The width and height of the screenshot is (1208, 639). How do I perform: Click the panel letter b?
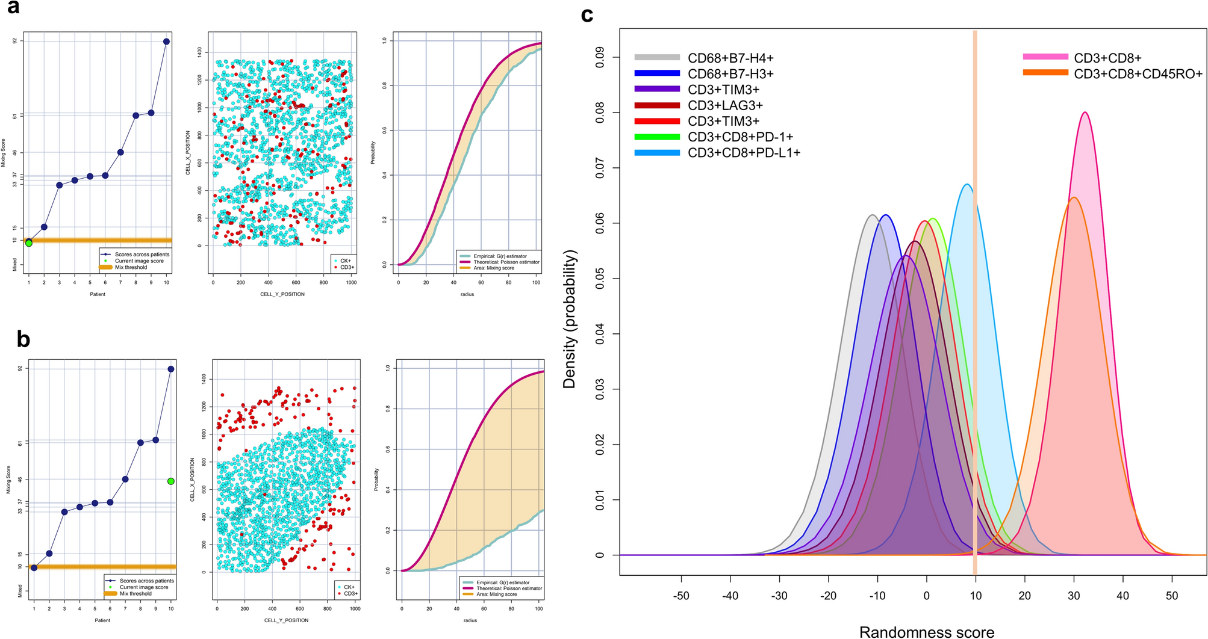(x=23, y=340)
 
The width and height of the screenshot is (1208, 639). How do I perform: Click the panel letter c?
(x=588, y=14)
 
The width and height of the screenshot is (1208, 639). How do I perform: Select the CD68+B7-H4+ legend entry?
(x=730, y=58)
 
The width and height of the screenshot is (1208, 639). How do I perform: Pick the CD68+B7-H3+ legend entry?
(x=730, y=74)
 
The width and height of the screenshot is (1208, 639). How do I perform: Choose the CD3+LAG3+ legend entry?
(x=725, y=105)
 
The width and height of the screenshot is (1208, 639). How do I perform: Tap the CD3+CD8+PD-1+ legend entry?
(x=740, y=137)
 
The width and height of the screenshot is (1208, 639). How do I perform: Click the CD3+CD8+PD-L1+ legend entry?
(x=744, y=153)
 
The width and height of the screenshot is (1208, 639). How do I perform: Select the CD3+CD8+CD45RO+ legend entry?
(x=1138, y=74)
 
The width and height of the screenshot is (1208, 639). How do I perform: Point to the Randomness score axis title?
(x=926, y=632)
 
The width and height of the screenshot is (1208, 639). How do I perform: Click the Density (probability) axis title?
(x=570, y=319)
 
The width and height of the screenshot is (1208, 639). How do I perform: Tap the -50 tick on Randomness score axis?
(x=681, y=596)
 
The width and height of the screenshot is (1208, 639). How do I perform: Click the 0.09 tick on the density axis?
(x=600, y=57)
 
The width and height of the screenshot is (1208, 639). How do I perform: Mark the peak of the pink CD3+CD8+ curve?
(x=1085, y=112)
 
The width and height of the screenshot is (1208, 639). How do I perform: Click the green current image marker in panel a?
(x=28, y=243)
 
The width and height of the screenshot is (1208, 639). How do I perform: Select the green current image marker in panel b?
(x=171, y=481)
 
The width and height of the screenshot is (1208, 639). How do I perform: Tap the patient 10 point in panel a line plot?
(x=166, y=42)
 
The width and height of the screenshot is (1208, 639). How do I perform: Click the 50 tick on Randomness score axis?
(x=1172, y=596)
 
